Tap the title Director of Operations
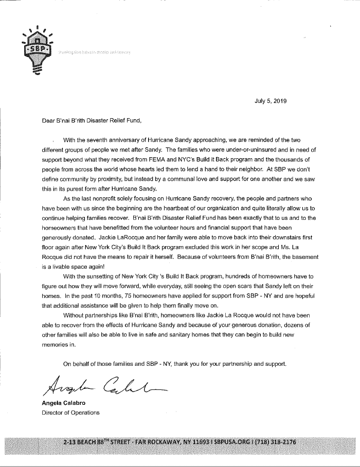point(70,412)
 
